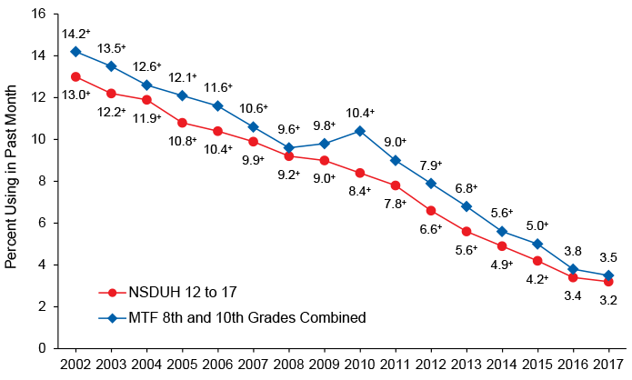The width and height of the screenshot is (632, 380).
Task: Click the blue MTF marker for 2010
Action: [x=359, y=131]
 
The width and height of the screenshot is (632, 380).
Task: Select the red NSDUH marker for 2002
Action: [x=75, y=76]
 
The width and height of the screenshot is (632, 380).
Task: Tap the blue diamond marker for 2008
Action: [x=288, y=147]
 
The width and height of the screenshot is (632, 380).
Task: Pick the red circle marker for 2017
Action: [x=607, y=282]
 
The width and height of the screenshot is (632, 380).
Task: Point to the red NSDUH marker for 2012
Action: [x=430, y=210]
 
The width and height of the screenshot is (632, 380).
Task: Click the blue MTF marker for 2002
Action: [x=75, y=51]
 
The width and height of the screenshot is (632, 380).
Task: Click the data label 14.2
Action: [x=75, y=33]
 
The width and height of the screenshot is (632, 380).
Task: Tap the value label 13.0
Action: [x=75, y=95]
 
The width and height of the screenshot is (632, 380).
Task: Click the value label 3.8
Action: [x=572, y=251]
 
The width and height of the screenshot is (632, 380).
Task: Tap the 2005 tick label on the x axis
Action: [x=182, y=365]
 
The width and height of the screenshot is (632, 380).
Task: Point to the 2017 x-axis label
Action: [x=607, y=365]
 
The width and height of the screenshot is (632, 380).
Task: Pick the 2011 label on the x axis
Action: [x=395, y=365]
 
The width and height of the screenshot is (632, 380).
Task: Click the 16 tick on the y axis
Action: [x=41, y=14]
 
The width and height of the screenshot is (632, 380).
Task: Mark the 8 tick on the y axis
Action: [x=45, y=181]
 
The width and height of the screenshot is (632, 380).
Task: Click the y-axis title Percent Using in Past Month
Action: [x=12, y=180]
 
